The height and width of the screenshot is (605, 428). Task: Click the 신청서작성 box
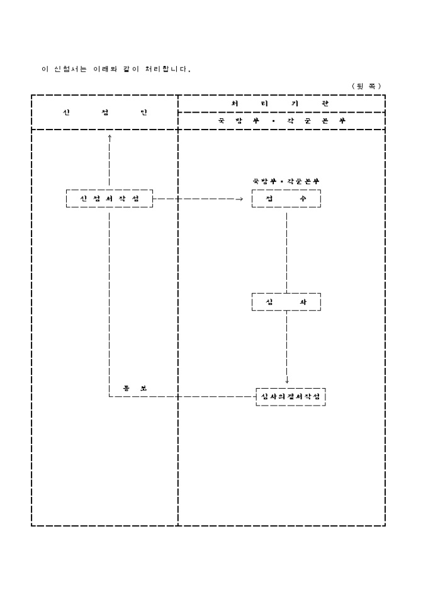click(110, 199)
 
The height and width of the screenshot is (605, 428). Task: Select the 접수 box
click(286, 199)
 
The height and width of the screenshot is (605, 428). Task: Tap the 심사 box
click(286, 302)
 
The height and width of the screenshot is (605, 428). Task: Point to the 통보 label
click(135, 387)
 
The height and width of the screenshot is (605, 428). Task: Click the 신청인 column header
click(104, 113)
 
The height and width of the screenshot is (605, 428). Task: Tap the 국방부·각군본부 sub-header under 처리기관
click(281, 121)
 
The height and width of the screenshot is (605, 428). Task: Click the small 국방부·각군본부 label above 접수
click(286, 181)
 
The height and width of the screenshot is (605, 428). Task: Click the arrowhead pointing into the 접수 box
click(239, 199)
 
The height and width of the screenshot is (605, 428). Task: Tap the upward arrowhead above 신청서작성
click(110, 136)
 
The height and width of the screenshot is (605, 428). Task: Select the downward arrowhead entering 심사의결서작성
click(287, 380)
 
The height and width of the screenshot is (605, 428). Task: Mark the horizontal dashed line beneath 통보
click(183, 397)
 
